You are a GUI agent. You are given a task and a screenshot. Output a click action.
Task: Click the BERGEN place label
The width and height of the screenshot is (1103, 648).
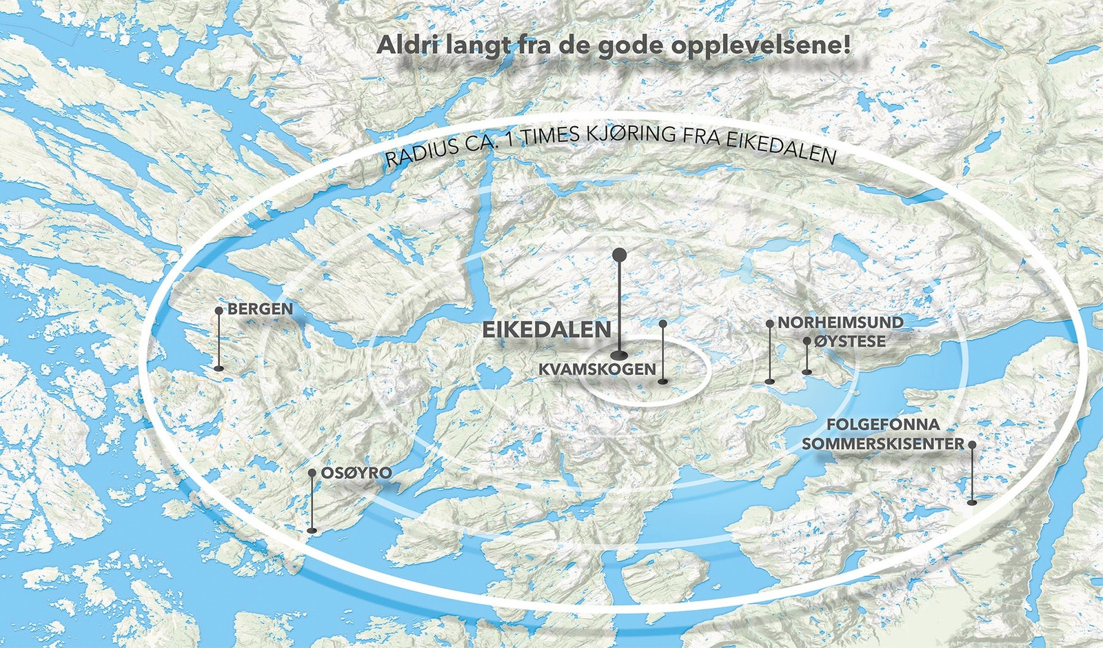click(260, 309)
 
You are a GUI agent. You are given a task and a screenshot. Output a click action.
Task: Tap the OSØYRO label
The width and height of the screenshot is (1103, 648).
click(356, 473)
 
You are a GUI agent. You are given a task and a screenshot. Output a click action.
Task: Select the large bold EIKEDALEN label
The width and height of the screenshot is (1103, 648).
click(546, 330)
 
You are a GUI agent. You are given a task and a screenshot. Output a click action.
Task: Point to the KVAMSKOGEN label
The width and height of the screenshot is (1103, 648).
click(597, 369)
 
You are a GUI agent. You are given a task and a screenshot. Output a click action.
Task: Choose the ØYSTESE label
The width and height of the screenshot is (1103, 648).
click(849, 341)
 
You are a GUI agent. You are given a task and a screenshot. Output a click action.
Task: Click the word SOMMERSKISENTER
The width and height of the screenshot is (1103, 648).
click(882, 444)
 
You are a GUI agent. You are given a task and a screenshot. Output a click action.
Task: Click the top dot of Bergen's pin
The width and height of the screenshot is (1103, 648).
click(219, 311)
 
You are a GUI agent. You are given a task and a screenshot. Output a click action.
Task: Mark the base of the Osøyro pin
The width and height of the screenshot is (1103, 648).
click(312, 530)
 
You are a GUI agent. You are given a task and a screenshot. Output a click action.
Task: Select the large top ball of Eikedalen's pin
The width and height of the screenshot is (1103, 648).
click(619, 254)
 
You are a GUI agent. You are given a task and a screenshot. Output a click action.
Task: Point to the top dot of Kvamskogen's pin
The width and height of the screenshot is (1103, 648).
click(662, 323)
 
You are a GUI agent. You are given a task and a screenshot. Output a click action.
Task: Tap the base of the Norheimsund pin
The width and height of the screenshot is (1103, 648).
click(770, 380)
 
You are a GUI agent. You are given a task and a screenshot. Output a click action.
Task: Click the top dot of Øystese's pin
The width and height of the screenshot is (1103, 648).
click(807, 341)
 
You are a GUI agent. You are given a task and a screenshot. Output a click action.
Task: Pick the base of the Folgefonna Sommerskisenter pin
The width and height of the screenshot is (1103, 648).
click(972, 503)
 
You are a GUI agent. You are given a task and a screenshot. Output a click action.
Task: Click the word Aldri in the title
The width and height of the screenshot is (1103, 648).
click(405, 45)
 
